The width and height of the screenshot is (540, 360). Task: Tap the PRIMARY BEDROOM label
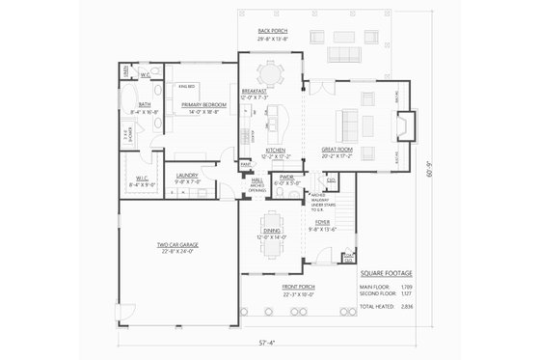207,103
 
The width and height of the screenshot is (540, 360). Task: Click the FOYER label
321,220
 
